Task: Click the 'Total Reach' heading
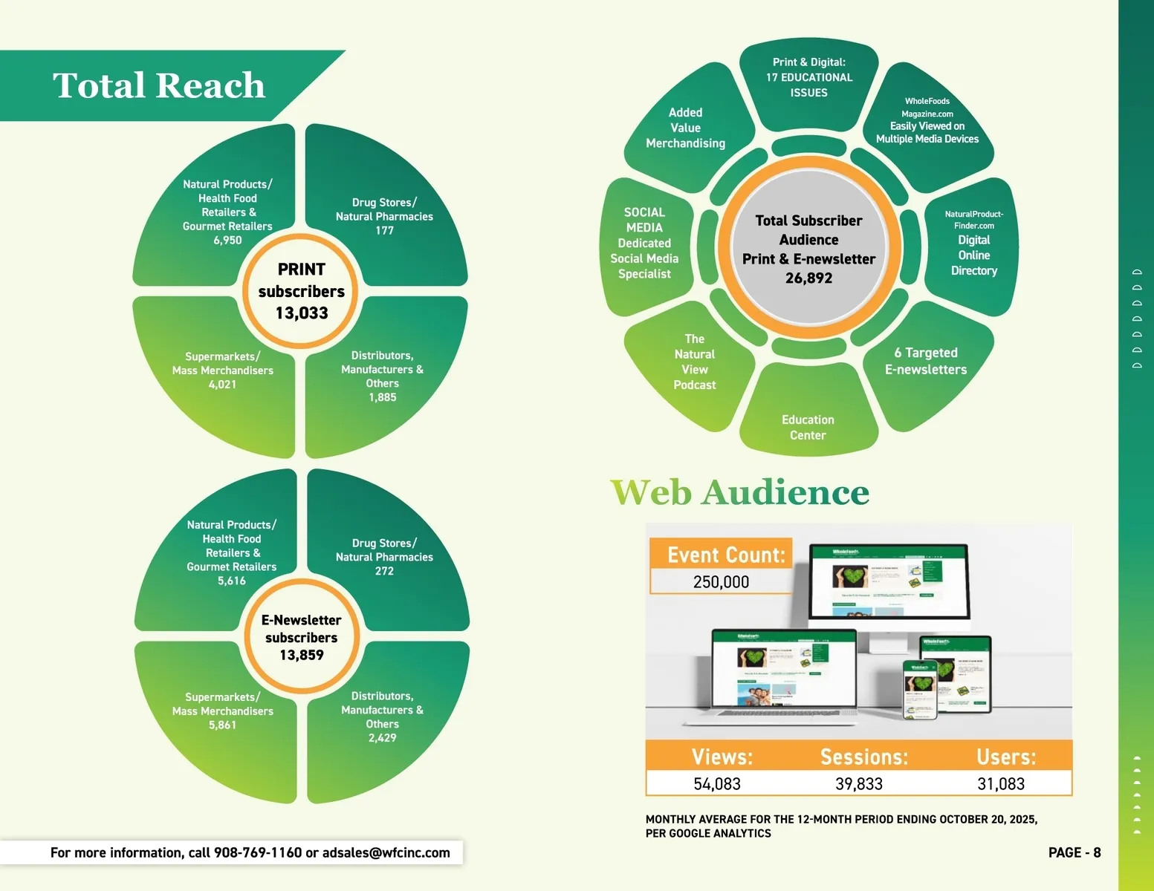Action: click(158, 85)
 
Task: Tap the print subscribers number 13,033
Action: click(302, 313)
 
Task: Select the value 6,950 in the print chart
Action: click(227, 241)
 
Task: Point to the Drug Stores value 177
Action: click(384, 231)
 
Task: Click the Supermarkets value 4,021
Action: click(222, 385)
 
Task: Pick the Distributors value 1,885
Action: click(382, 397)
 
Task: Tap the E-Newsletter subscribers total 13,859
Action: click(302, 655)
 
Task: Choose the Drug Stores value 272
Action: click(384, 571)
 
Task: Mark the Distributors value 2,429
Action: click(382, 738)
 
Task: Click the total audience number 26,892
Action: click(808, 278)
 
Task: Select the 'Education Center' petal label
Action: click(808, 428)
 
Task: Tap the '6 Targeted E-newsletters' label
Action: click(926, 361)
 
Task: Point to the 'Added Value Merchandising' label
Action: click(685, 128)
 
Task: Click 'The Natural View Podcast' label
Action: click(694, 362)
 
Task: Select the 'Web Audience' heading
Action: click(739, 492)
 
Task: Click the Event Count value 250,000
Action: click(721, 582)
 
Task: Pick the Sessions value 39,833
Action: click(859, 784)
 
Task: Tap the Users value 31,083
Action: click(1000, 784)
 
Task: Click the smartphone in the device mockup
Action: click(920, 689)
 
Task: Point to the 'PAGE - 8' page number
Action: click(1074, 852)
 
